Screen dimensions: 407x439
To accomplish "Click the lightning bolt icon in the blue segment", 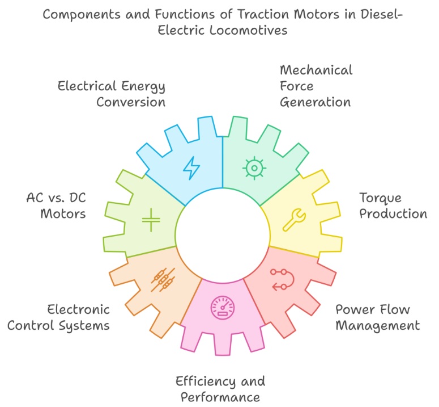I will click(x=191, y=167).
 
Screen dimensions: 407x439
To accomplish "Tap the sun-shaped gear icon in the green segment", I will click(x=253, y=167).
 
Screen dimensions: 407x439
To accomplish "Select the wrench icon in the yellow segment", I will click(x=294, y=220).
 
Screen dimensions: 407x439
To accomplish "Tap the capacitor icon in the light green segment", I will click(x=151, y=220).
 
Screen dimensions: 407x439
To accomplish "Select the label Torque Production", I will click(x=393, y=205).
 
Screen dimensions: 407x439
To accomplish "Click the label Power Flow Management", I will click(x=377, y=317).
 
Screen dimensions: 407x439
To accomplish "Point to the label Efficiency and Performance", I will click(x=220, y=388).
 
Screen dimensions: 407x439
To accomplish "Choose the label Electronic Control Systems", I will click(x=78, y=317).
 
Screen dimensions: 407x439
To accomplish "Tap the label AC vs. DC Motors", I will click(x=56, y=205).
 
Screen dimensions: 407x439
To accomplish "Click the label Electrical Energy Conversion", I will click(x=111, y=94).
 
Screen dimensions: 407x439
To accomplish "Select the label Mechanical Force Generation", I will click(x=316, y=86).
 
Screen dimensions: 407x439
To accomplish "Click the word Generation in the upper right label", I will click(x=316, y=102).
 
